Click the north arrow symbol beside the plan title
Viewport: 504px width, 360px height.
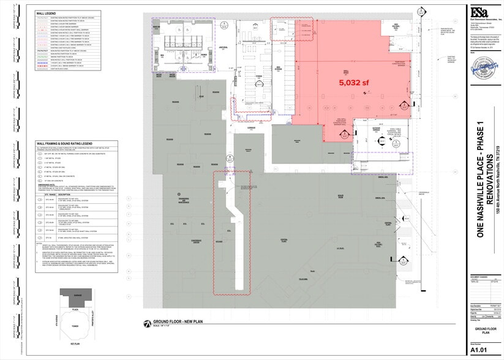(x=147, y=323)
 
